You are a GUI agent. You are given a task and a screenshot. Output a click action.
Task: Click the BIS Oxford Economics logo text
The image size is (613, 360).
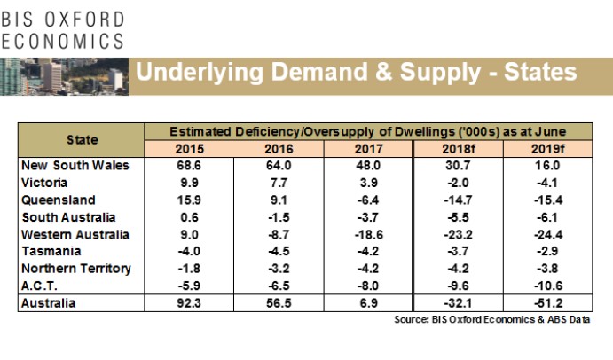(x=63, y=29)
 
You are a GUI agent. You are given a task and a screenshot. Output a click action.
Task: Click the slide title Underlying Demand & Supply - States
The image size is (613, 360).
(x=355, y=73)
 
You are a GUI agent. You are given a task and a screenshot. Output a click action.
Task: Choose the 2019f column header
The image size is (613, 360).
(x=546, y=148)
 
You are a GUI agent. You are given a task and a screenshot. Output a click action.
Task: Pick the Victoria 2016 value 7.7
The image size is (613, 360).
(x=277, y=183)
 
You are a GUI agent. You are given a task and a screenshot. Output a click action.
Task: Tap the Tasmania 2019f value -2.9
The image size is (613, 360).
(x=546, y=252)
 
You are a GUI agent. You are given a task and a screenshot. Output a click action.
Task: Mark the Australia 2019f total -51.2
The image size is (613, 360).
(x=546, y=303)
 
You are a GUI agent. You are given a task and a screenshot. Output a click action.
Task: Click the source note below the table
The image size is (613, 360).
(x=491, y=319)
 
